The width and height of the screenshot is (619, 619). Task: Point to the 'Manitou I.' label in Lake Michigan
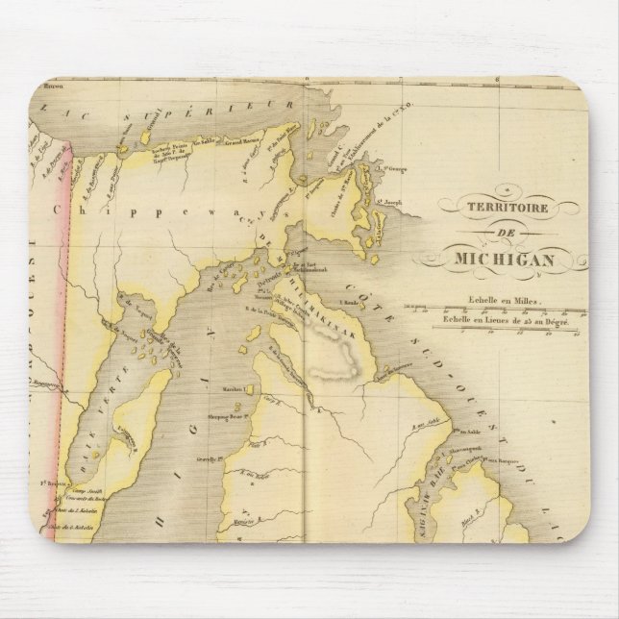coord(228,389)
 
